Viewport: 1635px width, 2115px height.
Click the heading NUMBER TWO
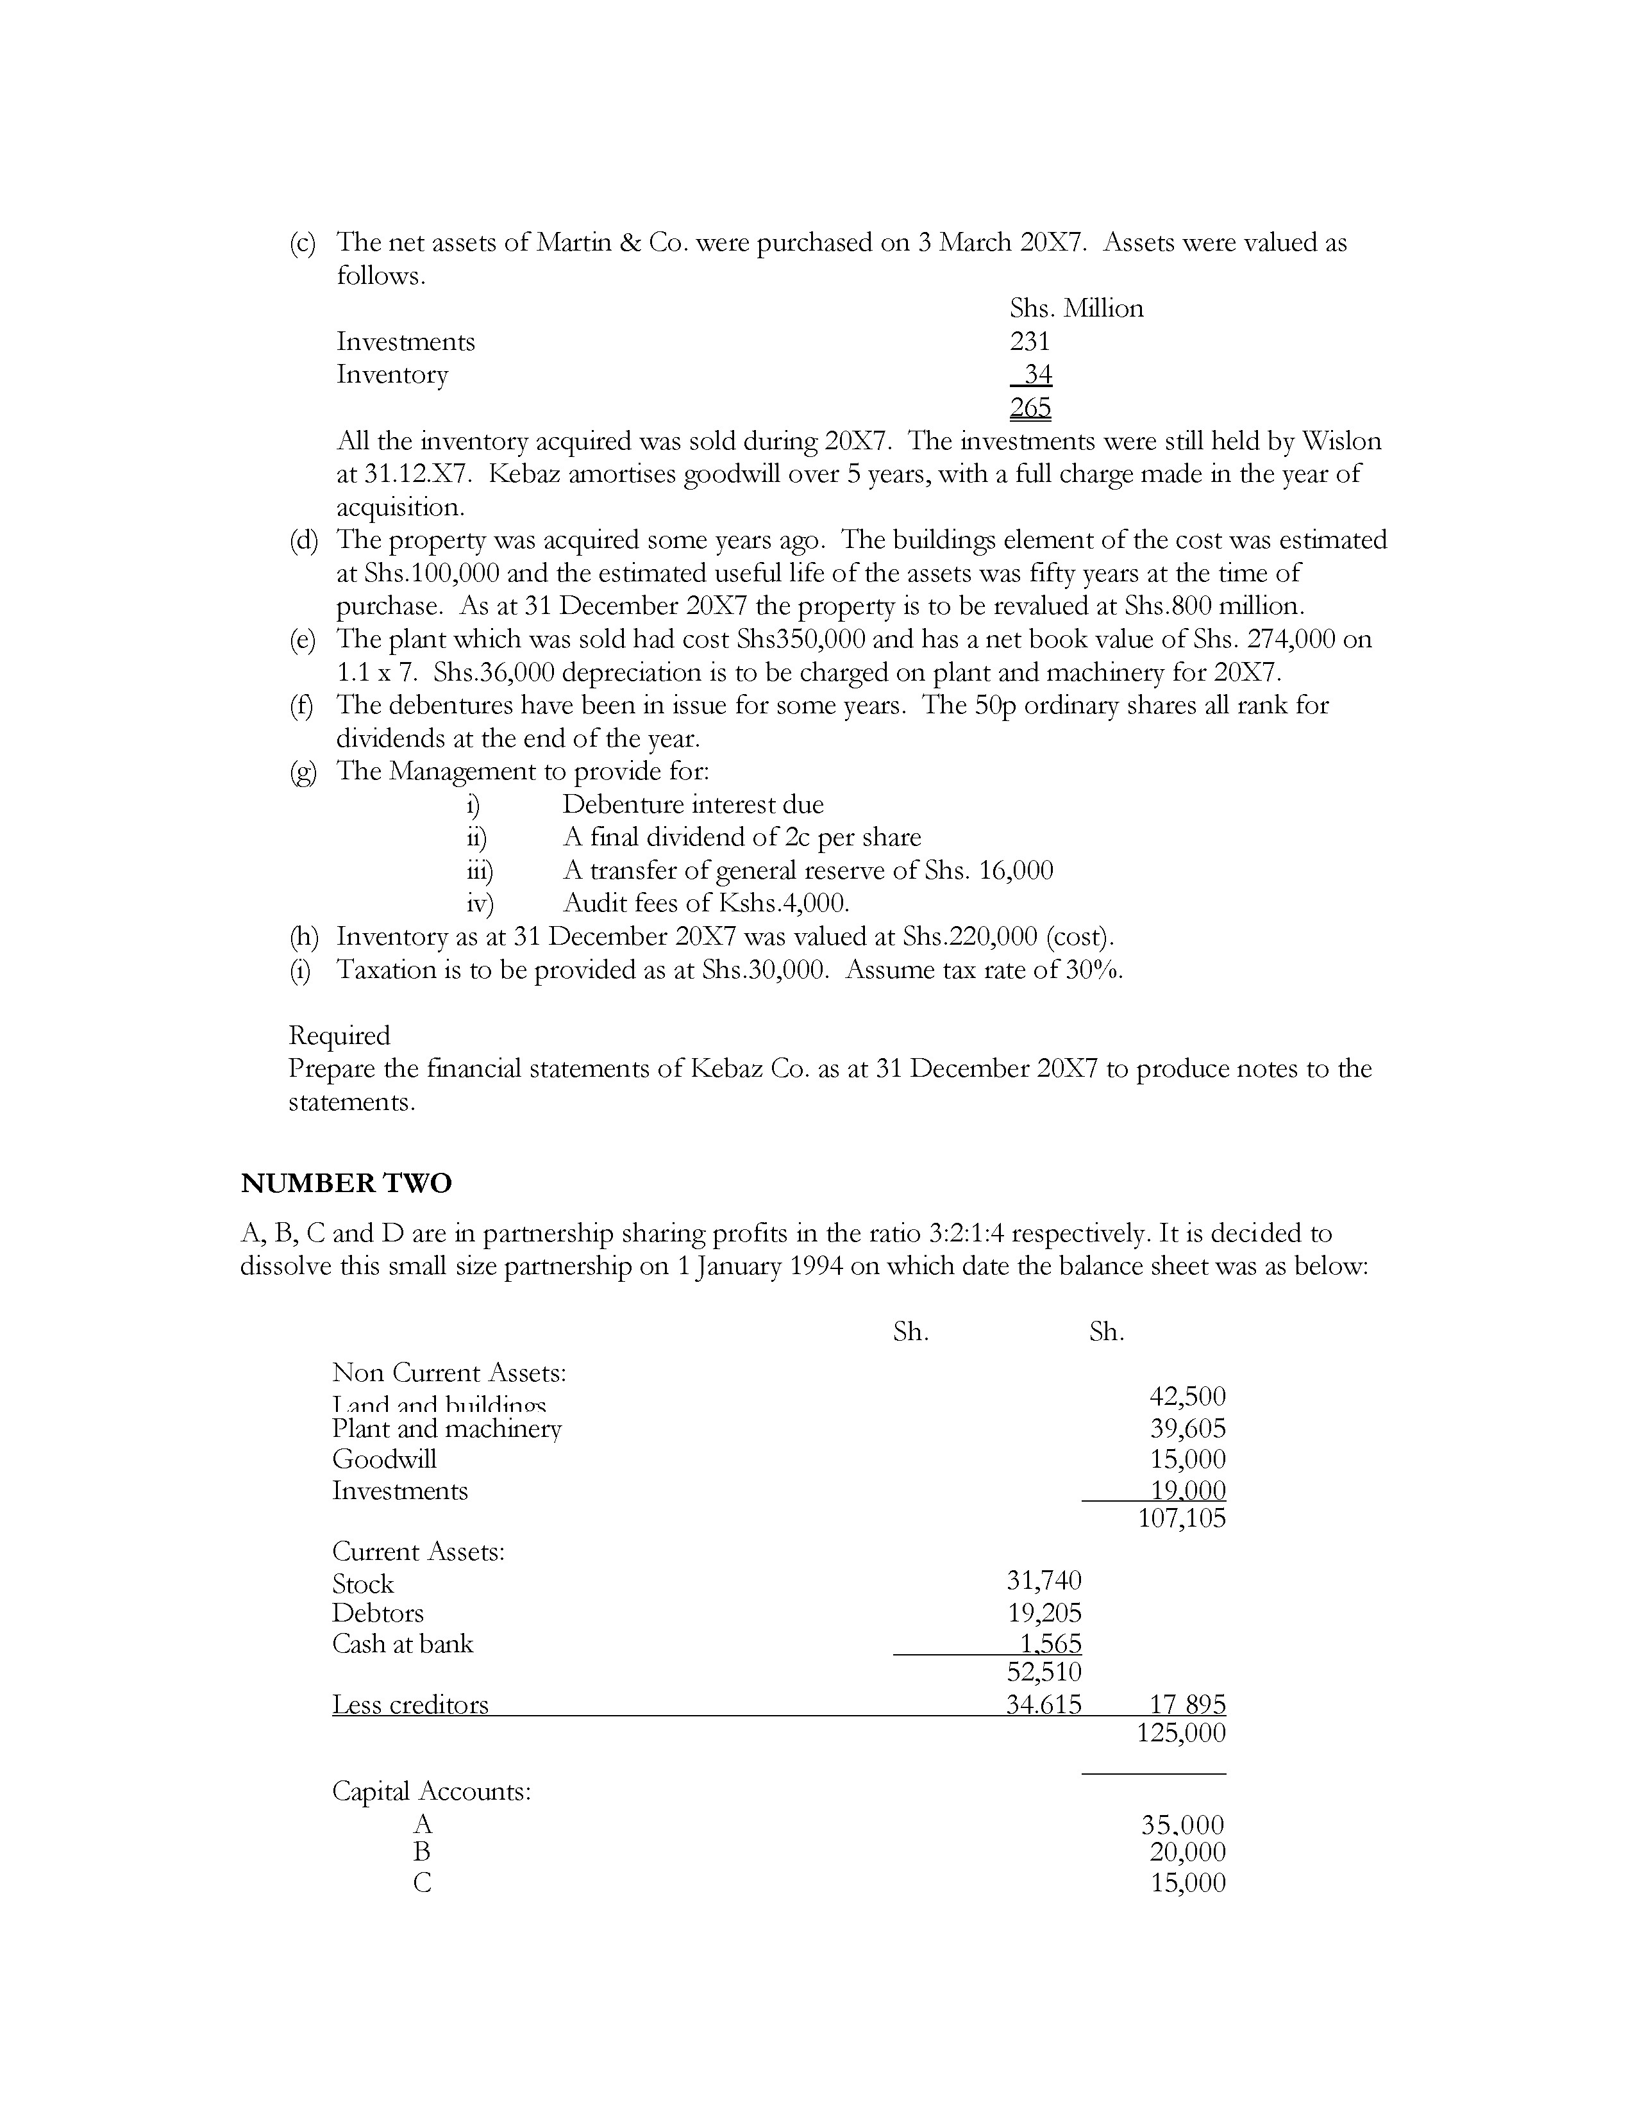click(346, 1183)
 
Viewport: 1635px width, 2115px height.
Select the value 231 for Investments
click(1030, 341)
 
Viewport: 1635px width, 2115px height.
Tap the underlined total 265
click(1030, 408)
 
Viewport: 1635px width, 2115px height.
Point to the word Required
click(339, 1035)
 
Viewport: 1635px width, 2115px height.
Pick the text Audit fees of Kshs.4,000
click(706, 904)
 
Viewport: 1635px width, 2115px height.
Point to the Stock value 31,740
click(1044, 1580)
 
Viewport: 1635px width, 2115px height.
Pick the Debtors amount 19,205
click(1044, 1613)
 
